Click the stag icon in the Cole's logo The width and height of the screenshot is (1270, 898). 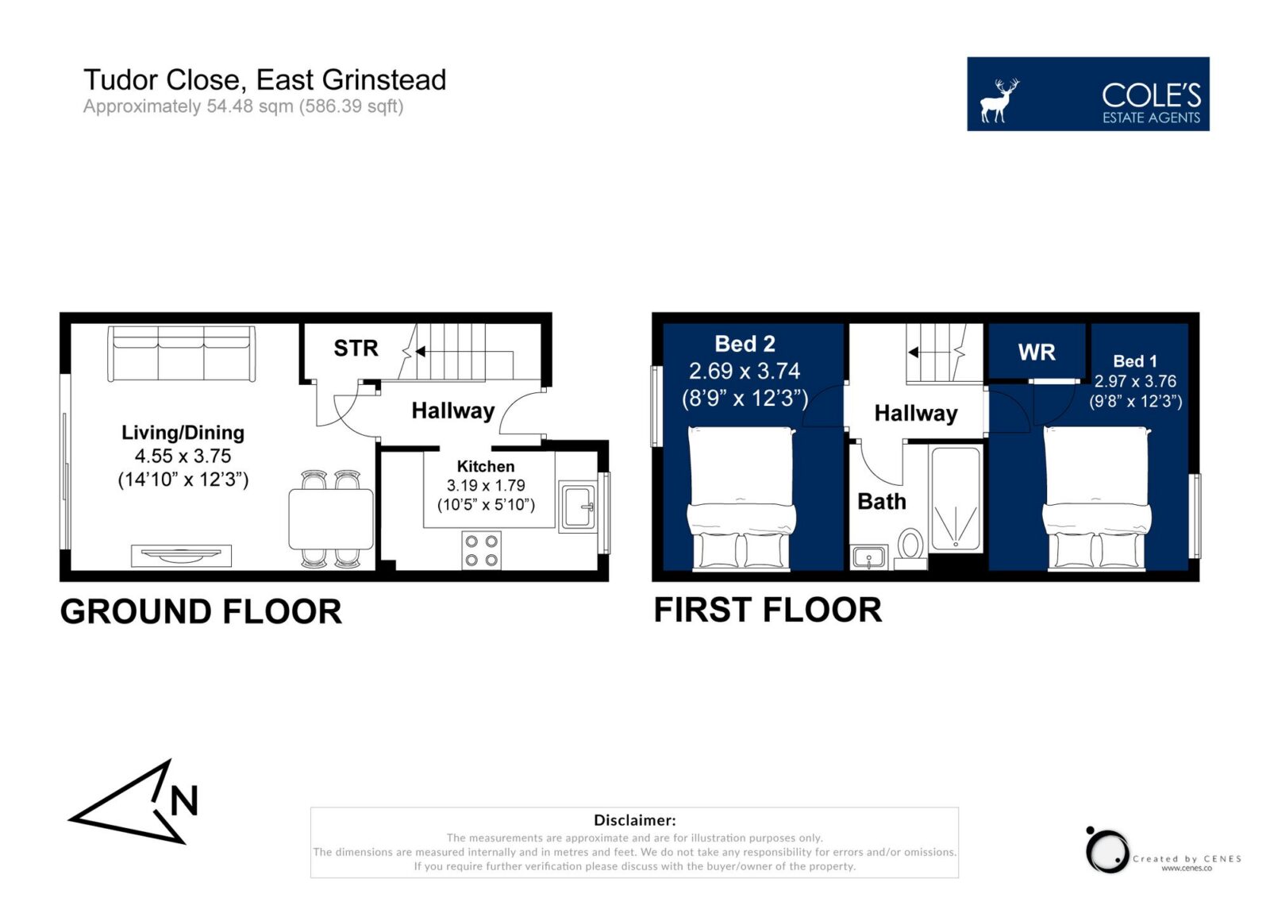click(x=999, y=100)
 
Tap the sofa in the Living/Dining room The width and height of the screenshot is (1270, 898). click(x=181, y=353)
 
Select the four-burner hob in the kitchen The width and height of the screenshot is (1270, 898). click(x=481, y=549)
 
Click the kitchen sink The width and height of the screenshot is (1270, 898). click(x=578, y=506)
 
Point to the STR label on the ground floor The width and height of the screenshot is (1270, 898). click(x=356, y=349)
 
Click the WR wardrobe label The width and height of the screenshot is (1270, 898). click(x=1037, y=353)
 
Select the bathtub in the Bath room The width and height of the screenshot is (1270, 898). click(x=956, y=499)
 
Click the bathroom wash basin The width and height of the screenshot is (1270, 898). click(x=868, y=557)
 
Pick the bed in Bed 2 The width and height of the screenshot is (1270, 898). click(x=741, y=498)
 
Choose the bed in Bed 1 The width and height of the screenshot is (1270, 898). click(x=1096, y=498)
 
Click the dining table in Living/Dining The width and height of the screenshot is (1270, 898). click(x=331, y=519)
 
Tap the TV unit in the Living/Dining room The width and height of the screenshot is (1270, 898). click(x=182, y=556)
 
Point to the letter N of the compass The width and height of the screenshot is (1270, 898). click(x=184, y=800)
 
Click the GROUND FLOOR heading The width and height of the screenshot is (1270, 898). click(x=201, y=611)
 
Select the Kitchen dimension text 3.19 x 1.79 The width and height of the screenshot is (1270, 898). click(x=486, y=486)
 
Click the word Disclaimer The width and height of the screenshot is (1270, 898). click(x=634, y=819)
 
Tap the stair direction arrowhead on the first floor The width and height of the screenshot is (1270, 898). click(x=914, y=353)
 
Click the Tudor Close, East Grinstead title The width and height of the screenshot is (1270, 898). click(x=265, y=80)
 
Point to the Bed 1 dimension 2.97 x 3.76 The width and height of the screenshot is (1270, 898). click(x=1135, y=381)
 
